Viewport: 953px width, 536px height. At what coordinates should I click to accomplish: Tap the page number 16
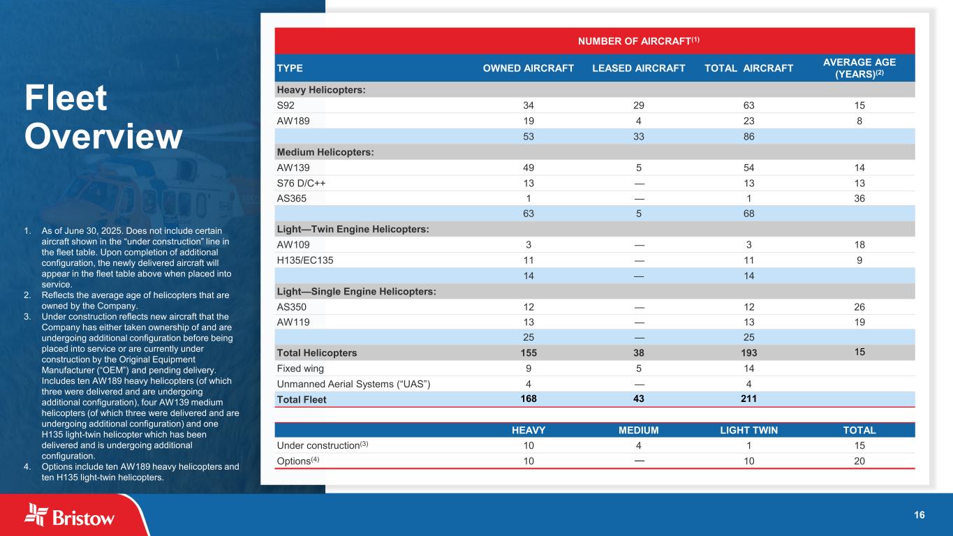point(919,515)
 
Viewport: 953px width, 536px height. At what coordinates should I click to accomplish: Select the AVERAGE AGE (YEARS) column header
point(859,68)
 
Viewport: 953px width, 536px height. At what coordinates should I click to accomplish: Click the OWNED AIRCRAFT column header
point(529,68)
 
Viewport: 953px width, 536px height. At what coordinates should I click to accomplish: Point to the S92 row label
point(286,105)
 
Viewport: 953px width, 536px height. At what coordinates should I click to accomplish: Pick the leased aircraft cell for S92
point(638,105)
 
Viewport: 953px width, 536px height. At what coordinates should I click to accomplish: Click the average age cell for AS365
point(859,198)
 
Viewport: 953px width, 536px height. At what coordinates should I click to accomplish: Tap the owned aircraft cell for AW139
point(529,167)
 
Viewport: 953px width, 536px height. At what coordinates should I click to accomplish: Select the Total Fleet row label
point(302,400)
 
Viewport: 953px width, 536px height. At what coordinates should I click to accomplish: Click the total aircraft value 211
point(748,399)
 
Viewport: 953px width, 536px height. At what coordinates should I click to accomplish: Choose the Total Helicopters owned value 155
point(529,352)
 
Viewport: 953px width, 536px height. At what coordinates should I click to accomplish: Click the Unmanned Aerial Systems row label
point(347,384)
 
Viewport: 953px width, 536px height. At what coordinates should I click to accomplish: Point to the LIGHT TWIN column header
point(748,431)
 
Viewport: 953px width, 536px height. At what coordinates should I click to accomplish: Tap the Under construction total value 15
point(859,445)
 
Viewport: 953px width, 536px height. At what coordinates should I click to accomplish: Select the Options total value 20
point(859,461)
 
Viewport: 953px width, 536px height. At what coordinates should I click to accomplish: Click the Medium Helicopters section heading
point(325,152)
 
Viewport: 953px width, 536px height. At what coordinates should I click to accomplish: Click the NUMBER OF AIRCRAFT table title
point(638,40)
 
